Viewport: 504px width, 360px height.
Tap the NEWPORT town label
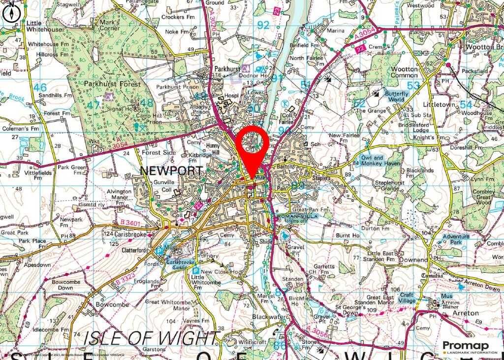[171, 171]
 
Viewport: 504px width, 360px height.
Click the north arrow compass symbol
[12, 12]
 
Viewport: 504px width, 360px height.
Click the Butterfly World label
[397, 96]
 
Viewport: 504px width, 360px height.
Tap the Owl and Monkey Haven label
[380, 160]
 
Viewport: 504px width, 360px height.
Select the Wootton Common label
[404, 72]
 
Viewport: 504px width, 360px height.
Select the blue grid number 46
[40, 88]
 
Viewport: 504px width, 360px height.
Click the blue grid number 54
[466, 105]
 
